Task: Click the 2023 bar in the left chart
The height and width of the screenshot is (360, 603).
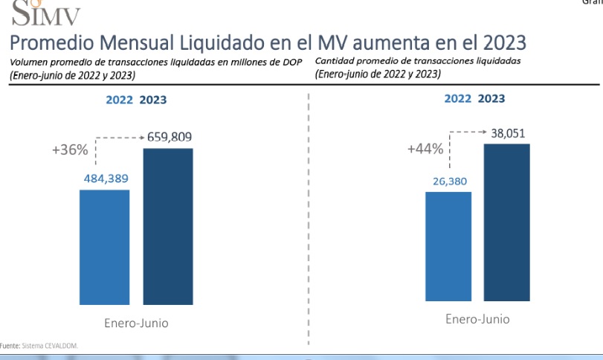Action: click(168, 226)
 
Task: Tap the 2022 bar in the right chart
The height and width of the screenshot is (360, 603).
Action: click(448, 246)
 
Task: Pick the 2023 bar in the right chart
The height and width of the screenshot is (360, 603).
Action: click(506, 222)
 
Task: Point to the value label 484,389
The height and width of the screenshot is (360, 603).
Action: click(104, 179)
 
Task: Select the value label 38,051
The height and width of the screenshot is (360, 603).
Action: click(508, 132)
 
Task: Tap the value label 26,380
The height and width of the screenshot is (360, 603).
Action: click(448, 181)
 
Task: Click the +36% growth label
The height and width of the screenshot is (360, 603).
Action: click(70, 150)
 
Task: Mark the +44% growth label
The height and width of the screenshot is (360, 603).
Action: click(425, 149)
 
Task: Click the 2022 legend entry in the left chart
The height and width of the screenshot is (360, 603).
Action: click(120, 100)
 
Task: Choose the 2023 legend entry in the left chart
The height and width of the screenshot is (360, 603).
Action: click(153, 100)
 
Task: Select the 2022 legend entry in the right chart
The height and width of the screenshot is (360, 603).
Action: click(458, 97)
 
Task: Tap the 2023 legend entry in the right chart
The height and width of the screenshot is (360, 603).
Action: click(492, 97)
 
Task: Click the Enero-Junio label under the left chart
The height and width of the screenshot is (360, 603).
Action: click(135, 324)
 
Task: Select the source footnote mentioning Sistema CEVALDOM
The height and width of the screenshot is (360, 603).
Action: click(39, 346)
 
